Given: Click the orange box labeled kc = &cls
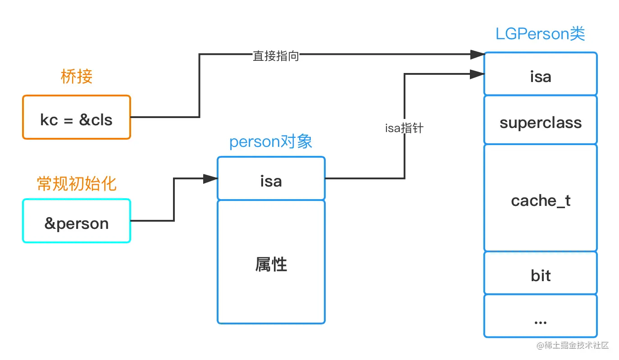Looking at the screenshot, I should click(77, 117).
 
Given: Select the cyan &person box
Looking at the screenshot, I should click(77, 221).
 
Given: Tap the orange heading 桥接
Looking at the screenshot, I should click(77, 77).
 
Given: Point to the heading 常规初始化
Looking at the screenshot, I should click(77, 183).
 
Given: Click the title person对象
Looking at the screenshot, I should click(271, 142).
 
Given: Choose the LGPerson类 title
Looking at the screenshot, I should click(540, 34).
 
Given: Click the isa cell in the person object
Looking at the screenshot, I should click(271, 178).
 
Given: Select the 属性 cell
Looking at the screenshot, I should click(271, 262).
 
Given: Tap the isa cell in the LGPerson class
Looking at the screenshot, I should click(540, 74).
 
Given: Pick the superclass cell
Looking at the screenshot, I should click(540, 120).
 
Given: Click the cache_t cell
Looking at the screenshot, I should click(540, 198).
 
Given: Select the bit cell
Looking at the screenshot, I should click(540, 273).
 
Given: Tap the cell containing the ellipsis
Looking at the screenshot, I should click(540, 316).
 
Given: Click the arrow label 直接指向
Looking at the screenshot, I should click(276, 56).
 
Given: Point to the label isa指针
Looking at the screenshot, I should click(404, 128).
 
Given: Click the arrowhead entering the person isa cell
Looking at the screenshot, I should click(210, 179).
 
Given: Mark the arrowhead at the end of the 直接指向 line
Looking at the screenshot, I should click(477, 55).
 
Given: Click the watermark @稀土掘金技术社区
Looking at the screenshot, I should click(572, 346).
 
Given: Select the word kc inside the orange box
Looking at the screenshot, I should click(49, 120).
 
